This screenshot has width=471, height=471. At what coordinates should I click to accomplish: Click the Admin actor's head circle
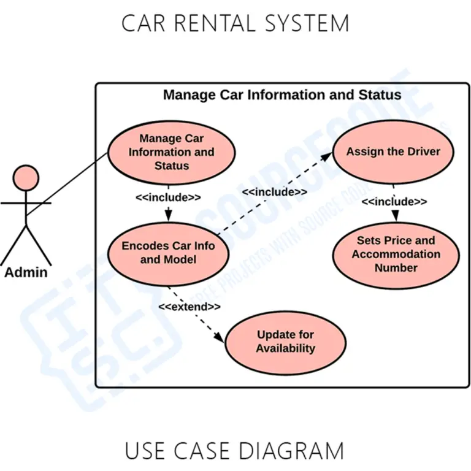click(26, 177)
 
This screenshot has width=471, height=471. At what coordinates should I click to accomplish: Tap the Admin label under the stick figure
click(26, 272)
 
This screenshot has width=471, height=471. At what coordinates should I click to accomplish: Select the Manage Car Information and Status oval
click(171, 152)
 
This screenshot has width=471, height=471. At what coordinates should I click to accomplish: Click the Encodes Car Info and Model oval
click(168, 253)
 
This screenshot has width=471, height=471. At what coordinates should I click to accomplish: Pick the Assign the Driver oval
click(393, 151)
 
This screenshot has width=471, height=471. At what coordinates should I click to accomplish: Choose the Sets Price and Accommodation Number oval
click(396, 255)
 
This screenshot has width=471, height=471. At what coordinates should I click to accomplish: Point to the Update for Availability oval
click(285, 342)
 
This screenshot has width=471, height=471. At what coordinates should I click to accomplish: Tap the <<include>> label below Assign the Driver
click(394, 202)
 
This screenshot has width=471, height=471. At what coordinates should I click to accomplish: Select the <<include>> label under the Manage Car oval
click(168, 197)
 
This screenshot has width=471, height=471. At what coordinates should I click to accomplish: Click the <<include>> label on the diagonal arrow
click(274, 193)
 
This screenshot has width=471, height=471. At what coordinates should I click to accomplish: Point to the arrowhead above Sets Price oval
click(396, 216)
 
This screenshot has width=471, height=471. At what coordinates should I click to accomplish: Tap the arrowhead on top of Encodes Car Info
click(168, 215)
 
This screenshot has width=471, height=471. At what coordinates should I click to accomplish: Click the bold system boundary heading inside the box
click(282, 95)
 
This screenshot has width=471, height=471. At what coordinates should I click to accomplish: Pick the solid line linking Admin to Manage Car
click(67, 183)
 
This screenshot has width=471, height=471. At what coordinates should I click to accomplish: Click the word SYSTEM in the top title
click(307, 23)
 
